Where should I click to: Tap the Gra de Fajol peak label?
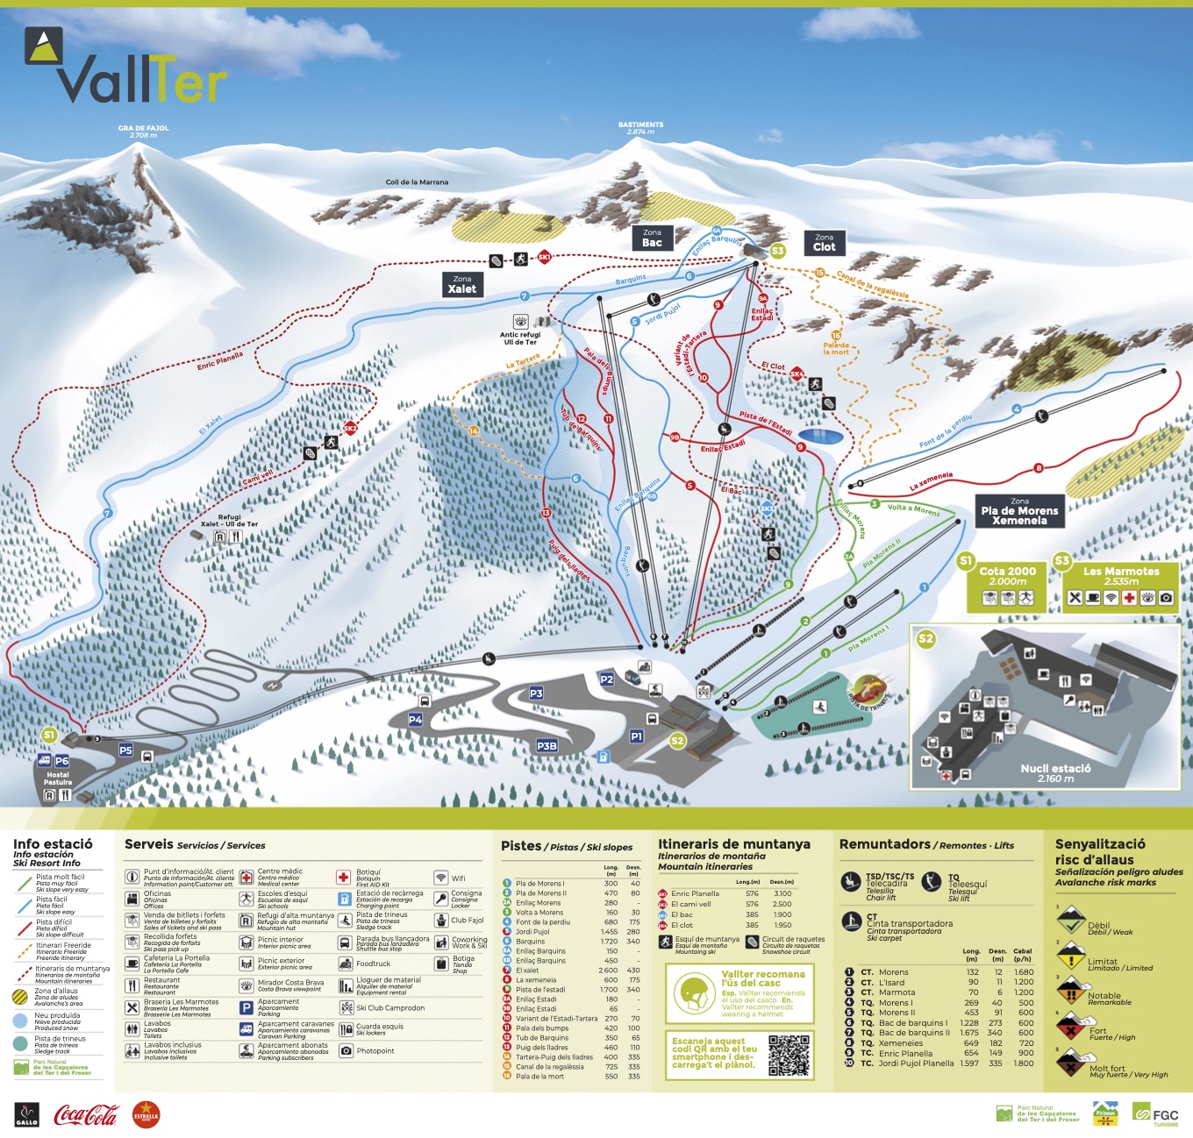(x=143, y=132)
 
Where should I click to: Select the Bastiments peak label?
(x=640, y=128)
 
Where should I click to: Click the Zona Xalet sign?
(x=462, y=284)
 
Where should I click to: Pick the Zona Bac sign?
(x=652, y=238)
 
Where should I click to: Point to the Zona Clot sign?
(x=825, y=243)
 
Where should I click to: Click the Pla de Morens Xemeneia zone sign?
(x=1019, y=511)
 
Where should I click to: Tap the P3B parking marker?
(x=546, y=745)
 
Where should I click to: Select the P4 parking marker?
(x=416, y=719)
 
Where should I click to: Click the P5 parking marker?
(x=125, y=750)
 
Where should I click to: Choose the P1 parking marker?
(x=637, y=736)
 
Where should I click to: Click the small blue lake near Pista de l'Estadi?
(x=821, y=436)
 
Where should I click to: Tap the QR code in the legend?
(x=788, y=1056)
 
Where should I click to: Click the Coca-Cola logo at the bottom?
(x=86, y=1114)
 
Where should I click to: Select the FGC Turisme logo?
(x=1155, y=1114)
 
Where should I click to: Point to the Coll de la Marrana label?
(x=417, y=182)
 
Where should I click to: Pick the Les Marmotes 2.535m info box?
(x=1120, y=587)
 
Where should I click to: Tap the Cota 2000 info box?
(x=1007, y=587)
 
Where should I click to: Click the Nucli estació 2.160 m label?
(x=1055, y=772)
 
